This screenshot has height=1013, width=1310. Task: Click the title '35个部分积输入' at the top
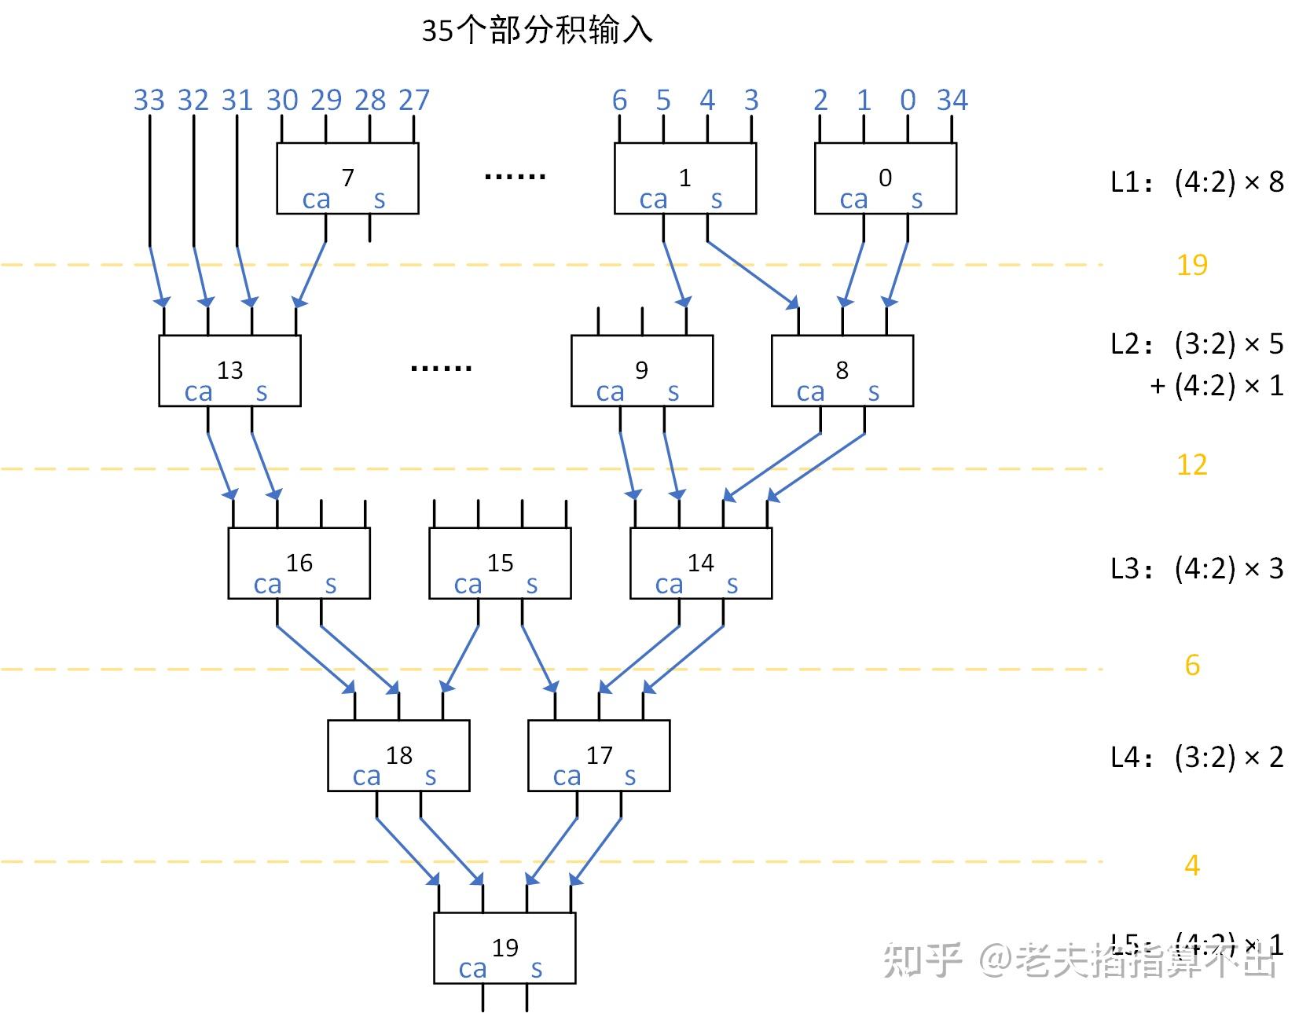coord(537,31)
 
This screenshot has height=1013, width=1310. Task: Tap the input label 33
coord(149,100)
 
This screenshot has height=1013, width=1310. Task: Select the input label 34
coord(952,100)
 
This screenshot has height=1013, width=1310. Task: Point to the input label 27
coord(413,100)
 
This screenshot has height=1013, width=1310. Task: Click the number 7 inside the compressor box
coord(347,177)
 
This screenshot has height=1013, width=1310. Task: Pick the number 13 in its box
coord(229,369)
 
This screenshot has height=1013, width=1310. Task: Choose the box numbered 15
coord(500,563)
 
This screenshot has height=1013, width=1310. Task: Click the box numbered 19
coord(505,948)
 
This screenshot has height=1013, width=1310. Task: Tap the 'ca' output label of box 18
coord(366,776)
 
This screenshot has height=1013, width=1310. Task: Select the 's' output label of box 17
coord(630,776)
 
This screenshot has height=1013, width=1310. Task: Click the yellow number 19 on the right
coord(1191,265)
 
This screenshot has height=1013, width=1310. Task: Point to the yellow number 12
coord(1191,465)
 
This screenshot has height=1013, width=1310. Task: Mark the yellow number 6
coord(1192,666)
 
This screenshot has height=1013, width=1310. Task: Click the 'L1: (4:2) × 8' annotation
coord(1196,182)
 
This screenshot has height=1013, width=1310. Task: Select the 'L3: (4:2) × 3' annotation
coord(1196,567)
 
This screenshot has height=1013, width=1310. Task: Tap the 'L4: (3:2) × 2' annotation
coord(1196,757)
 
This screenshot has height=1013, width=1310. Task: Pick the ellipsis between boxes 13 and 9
coord(441,368)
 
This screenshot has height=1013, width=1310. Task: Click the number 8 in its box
coord(842,369)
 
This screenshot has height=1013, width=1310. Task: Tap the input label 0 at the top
coord(908,100)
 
